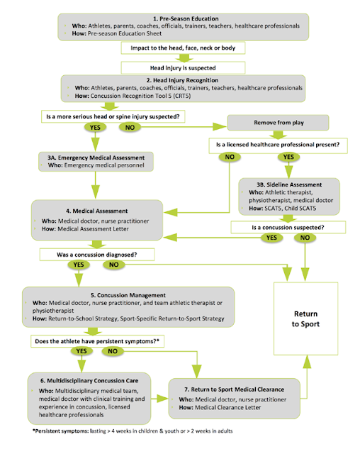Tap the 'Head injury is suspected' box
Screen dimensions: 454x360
click(x=180, y=68)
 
